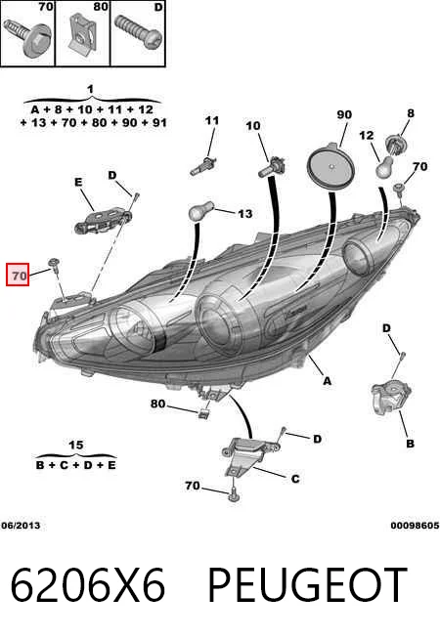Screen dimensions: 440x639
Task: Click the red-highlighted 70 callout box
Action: pos(18,275)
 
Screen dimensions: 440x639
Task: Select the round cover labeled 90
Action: pos(330,166)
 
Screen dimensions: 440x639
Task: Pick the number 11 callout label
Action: pos(212,120)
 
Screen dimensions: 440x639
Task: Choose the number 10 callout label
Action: pos(253,125)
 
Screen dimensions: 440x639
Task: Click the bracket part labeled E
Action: pos(104,221)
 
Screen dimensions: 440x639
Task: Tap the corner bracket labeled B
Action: pos(390,398)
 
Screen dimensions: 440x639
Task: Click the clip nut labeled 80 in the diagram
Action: pos(203,413)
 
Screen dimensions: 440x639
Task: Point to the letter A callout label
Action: pos(327,381)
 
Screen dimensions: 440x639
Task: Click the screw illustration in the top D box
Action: pos(138,32)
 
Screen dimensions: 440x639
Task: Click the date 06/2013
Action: pos(21,526)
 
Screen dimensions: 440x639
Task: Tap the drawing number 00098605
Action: pos(415,526)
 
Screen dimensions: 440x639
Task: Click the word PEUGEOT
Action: pos(308,584)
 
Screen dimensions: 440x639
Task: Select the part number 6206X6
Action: pos(88,584)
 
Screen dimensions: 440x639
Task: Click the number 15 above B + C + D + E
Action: pos(76,445)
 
